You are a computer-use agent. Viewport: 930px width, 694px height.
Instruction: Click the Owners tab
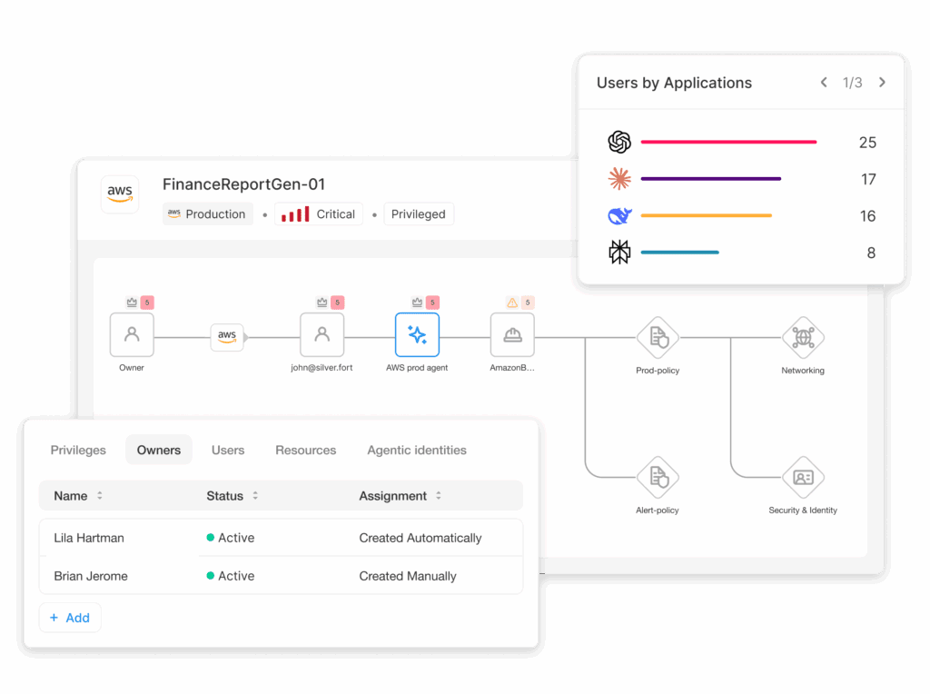coord(159,450)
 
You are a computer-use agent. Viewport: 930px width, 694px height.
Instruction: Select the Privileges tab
coord(78,450)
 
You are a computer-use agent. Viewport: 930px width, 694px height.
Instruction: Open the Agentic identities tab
coord(417,450)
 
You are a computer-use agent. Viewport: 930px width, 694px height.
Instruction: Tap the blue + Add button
coord(70,618)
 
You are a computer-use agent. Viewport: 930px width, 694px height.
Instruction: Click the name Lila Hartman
coord(89,538)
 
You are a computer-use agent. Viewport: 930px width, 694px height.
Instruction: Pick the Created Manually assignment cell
coord(408,576)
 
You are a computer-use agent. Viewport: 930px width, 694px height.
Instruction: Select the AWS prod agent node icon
coord(417,335)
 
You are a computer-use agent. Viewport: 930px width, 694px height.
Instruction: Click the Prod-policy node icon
coord(658,338)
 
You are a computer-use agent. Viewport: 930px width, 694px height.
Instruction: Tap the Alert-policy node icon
coord(658,477)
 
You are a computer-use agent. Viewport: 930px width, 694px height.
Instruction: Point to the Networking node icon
coord(803,338)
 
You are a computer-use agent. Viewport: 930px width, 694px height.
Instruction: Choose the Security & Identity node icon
coord(803,477)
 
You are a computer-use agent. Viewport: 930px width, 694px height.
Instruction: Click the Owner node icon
coord(132,335)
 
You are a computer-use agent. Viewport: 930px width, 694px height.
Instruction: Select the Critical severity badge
coord(319,214)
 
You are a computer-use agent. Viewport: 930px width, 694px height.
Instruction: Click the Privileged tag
coord(419,214)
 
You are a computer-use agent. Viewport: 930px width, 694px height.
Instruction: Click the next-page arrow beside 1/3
coord(882,83)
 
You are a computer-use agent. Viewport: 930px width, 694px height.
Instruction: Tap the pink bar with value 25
coord(728,142)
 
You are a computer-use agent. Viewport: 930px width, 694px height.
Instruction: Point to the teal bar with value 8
coord(679,253)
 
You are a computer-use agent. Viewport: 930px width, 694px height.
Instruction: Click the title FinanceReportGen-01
coord(243,184)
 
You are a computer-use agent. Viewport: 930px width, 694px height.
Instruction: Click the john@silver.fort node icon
coord(322,335)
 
